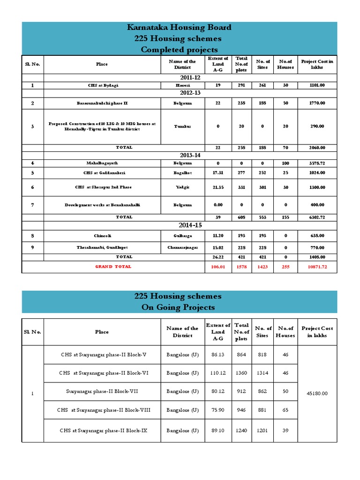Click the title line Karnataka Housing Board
pos(180,28)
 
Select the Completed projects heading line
pos(180,50)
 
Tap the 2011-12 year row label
pos(190,77)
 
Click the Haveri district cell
pos(182,86)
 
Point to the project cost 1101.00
pos(317,86)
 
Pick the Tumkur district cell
pos(182,127)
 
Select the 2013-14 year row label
pos(190,155)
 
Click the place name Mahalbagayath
pos(102,163)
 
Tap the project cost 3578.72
pos(317,163)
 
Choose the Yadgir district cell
pos(182,187)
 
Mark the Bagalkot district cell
pos(182,172)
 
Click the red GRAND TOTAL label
pos(113,267)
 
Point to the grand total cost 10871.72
pos(317,267)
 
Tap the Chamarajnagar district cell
pos(182,247)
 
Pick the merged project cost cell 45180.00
pos(317,393)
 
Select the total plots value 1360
pos(241,373)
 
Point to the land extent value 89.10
pos(218,430)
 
